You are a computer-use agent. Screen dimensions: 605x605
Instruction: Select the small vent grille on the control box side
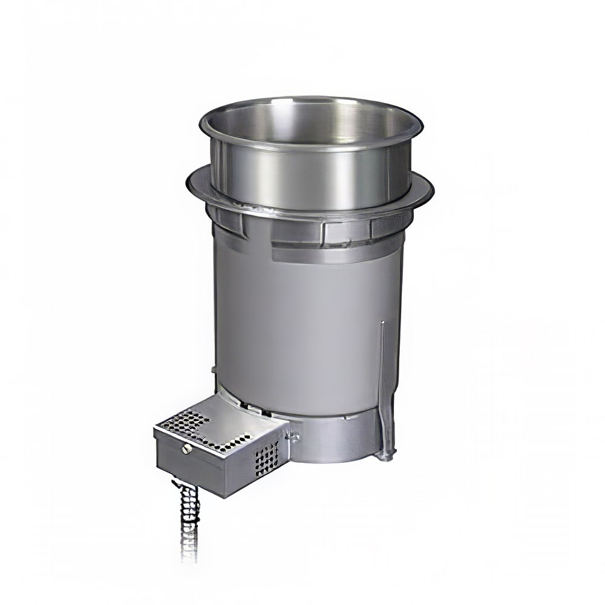(267, 456)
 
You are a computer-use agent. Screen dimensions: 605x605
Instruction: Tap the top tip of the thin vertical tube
(381, 324)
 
